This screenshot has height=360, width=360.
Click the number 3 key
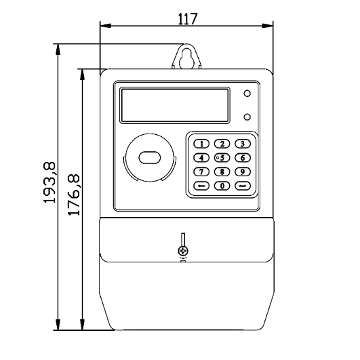[241, 144]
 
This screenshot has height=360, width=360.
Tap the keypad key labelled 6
[241, 157]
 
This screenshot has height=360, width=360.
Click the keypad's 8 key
[222, 171]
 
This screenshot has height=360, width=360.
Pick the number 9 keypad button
[241, 171]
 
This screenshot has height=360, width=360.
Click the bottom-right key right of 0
[241, 185]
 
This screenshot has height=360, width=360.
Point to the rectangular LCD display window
[175, 104]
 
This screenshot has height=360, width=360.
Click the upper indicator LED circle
[247, 93]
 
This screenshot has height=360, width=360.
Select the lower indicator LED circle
[247, 115]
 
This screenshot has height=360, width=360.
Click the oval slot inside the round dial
[148, 158]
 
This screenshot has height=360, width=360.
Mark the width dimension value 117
[188, 18]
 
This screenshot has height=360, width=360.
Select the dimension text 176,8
[74, 195]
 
